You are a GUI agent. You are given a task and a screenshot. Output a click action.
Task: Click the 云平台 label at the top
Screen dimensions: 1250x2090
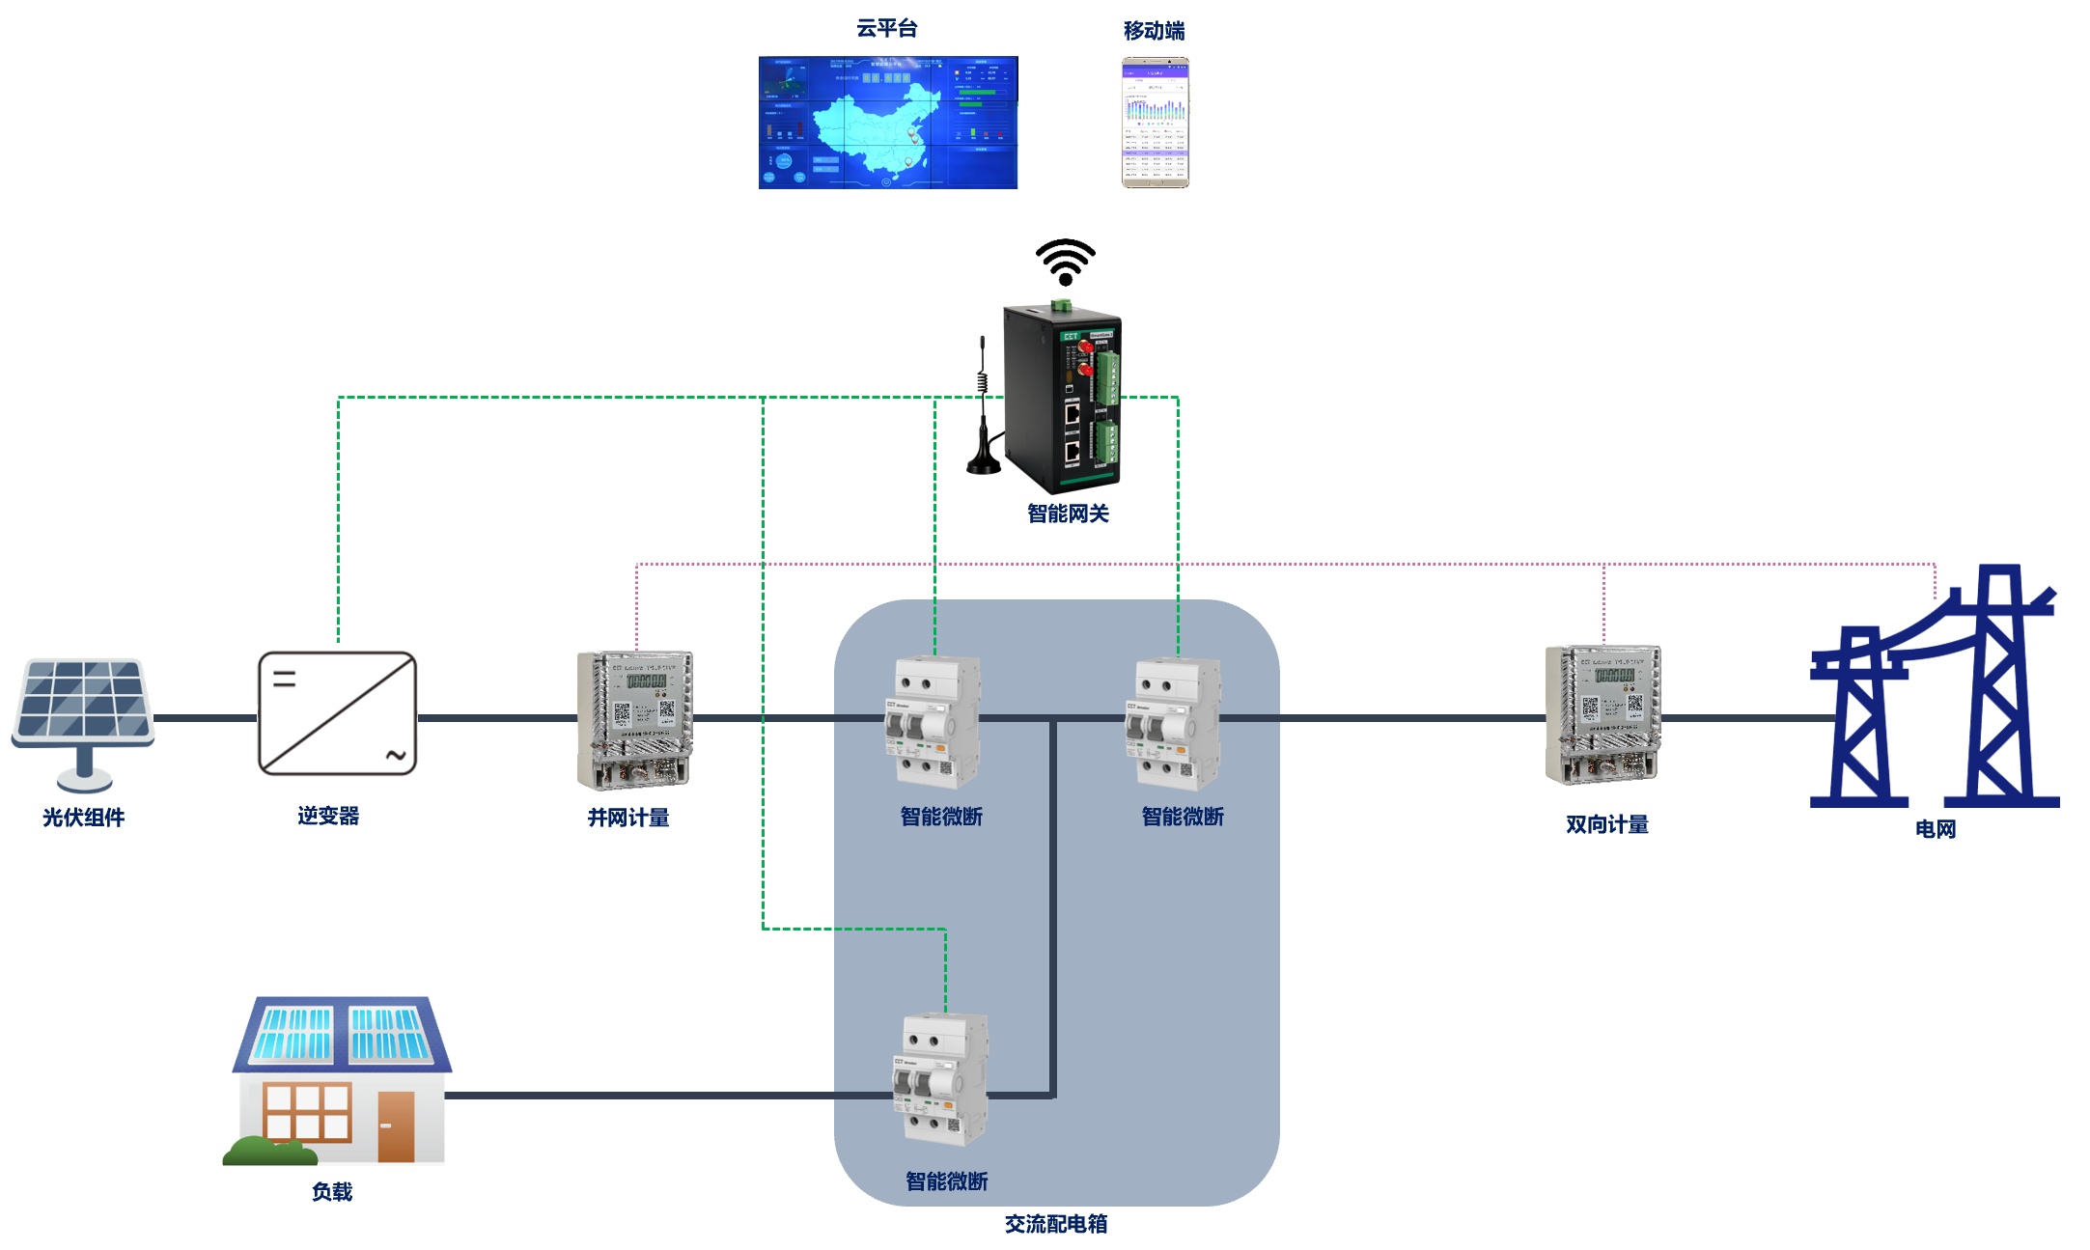pyautogui.click(x=886, y=29)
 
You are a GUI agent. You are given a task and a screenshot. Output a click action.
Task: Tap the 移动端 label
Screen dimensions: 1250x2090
pyautogui.click(x=1154, y=31)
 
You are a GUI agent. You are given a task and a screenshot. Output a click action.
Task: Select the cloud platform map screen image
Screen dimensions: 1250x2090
pyautogui.click(x=887, y=123)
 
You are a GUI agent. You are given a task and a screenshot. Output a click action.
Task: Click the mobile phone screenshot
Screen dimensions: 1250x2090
pyautogui.click(x=1155, y=123)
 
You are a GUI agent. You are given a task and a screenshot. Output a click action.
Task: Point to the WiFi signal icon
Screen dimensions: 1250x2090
pyautogui.click(x=1065, y=262)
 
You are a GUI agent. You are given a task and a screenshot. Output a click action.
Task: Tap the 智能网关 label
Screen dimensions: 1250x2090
pyautogui.click(x=1068, y=514)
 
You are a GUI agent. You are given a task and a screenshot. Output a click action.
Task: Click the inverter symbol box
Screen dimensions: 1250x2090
pyautogui.click(x=337, y=713)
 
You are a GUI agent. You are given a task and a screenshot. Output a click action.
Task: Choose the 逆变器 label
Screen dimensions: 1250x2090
pyautogui.click(x=328, y=816)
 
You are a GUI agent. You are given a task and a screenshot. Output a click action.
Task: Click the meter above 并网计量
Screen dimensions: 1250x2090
pyautogui.click(x=634, y=719)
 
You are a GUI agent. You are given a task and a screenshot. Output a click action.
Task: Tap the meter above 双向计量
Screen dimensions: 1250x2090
pyautogui.click(x=1602, y=714)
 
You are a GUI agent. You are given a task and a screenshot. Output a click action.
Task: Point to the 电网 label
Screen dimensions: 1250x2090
pyautogui.click(x=1935, y=829)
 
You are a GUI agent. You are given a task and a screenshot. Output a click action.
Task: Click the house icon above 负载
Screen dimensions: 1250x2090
pyautogui.click(x=339, y=1081)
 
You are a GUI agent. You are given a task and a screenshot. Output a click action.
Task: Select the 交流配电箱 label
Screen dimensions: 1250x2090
pyautogui.click(x=1055, y=1224)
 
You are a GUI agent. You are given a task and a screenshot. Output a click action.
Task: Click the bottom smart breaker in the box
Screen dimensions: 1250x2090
pyautogui.click(x=940, y=1079)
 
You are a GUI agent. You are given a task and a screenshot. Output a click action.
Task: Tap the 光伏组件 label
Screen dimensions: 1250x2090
pyautogui.click(x=83, y=818)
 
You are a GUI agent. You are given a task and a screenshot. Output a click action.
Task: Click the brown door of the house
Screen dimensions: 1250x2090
pyautogui.click(x=396, y=1125)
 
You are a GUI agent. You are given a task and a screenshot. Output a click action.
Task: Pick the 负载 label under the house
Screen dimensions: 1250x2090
pyautogui.click(x=332, y=1192)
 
